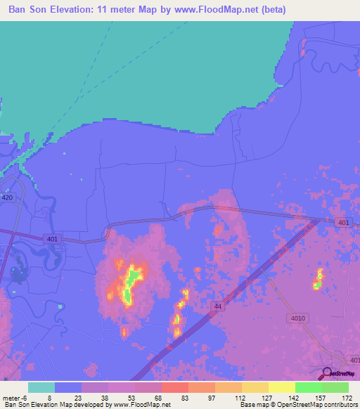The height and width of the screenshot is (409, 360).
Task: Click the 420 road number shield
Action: [x=7, y=197]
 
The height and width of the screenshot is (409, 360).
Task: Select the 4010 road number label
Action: [x=297, y=318]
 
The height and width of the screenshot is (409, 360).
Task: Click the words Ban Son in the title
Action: [x=28, y=10]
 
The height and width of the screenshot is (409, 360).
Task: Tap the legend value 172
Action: [x=347, y=397]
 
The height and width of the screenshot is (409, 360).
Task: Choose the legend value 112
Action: [x=240, y=397]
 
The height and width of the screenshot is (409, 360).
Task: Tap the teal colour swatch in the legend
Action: [x=41, y=387]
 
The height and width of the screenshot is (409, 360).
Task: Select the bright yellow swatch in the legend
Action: [x=282, y=387]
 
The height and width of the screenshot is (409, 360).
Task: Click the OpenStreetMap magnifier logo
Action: [x=327, y=374]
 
